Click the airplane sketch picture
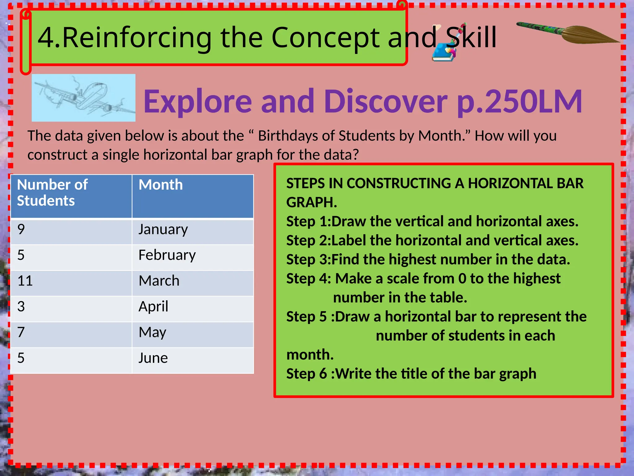(84, 98)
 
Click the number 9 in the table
(21, 230)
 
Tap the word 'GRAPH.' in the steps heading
(311, 203)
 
